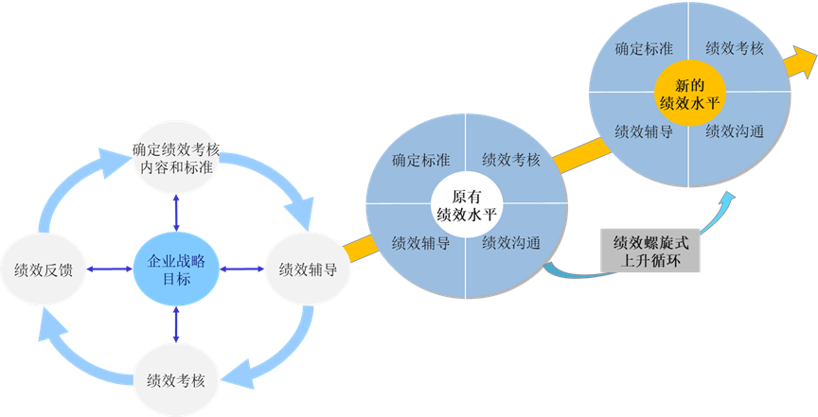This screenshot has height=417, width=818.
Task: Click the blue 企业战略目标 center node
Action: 177,269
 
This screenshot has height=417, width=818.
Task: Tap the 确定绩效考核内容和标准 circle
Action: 177,158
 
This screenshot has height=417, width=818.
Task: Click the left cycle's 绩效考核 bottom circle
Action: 177,380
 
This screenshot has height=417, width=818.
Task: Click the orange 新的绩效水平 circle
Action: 690,92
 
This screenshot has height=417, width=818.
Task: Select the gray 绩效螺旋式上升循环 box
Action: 650,250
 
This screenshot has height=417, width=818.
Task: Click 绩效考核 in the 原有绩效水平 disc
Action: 511,159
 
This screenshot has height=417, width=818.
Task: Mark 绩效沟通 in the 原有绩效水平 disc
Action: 511,243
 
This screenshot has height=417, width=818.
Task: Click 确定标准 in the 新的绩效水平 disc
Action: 644,48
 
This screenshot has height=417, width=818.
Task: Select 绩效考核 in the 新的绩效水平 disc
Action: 735,48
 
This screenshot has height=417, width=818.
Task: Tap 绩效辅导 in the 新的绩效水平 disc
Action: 644,131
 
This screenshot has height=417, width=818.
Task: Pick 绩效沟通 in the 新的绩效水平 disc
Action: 735,131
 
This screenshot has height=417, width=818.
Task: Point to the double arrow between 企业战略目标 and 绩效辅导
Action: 242,269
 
